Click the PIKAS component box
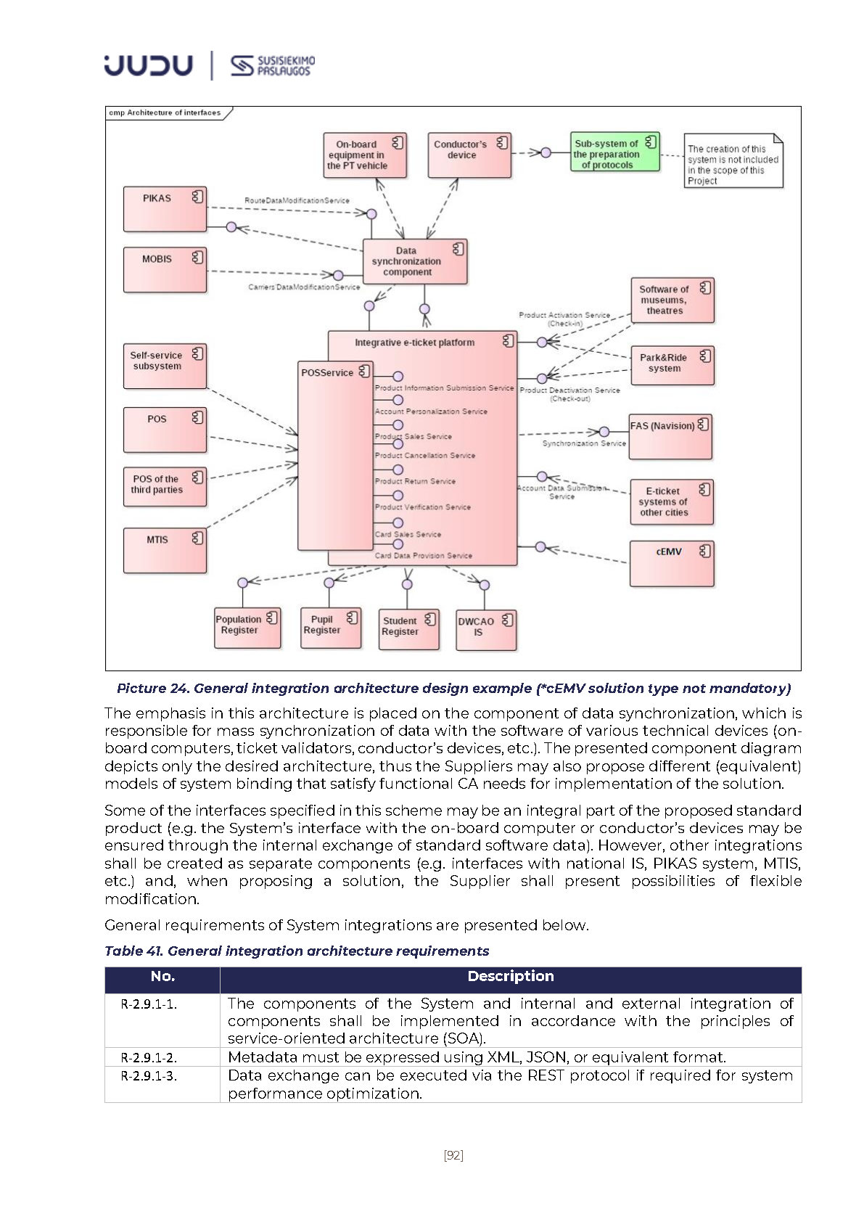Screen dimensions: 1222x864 (x=165, y=209)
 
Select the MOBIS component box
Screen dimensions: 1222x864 (x=165, y=269)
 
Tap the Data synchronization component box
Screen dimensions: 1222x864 (x=414, y=261)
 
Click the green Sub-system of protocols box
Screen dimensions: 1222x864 (x=614, y=152)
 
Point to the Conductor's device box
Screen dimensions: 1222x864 (x=469, y=155)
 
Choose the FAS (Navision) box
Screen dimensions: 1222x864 (x=670, y=436)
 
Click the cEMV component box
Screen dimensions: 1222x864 (x=671, y=563)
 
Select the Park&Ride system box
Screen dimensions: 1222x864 (x=671, y=365)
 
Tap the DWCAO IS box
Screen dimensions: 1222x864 (x=485, y=629)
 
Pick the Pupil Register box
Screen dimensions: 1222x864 (x=330, y=628)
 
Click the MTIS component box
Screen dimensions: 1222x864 (x=165, y=551)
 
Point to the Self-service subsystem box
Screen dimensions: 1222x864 (x=165, y=366)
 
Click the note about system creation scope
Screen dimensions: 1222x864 (x=733, y=160)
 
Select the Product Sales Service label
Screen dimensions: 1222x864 (x=413, y=437)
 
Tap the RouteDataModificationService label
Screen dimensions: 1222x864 (x=297, y=200)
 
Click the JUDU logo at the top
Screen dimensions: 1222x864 (x=148, y=65)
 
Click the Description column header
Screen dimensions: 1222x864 (x=510, y=977)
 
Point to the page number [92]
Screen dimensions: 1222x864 (x=453, y=1155)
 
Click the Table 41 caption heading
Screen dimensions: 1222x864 (x=297, y=951)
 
